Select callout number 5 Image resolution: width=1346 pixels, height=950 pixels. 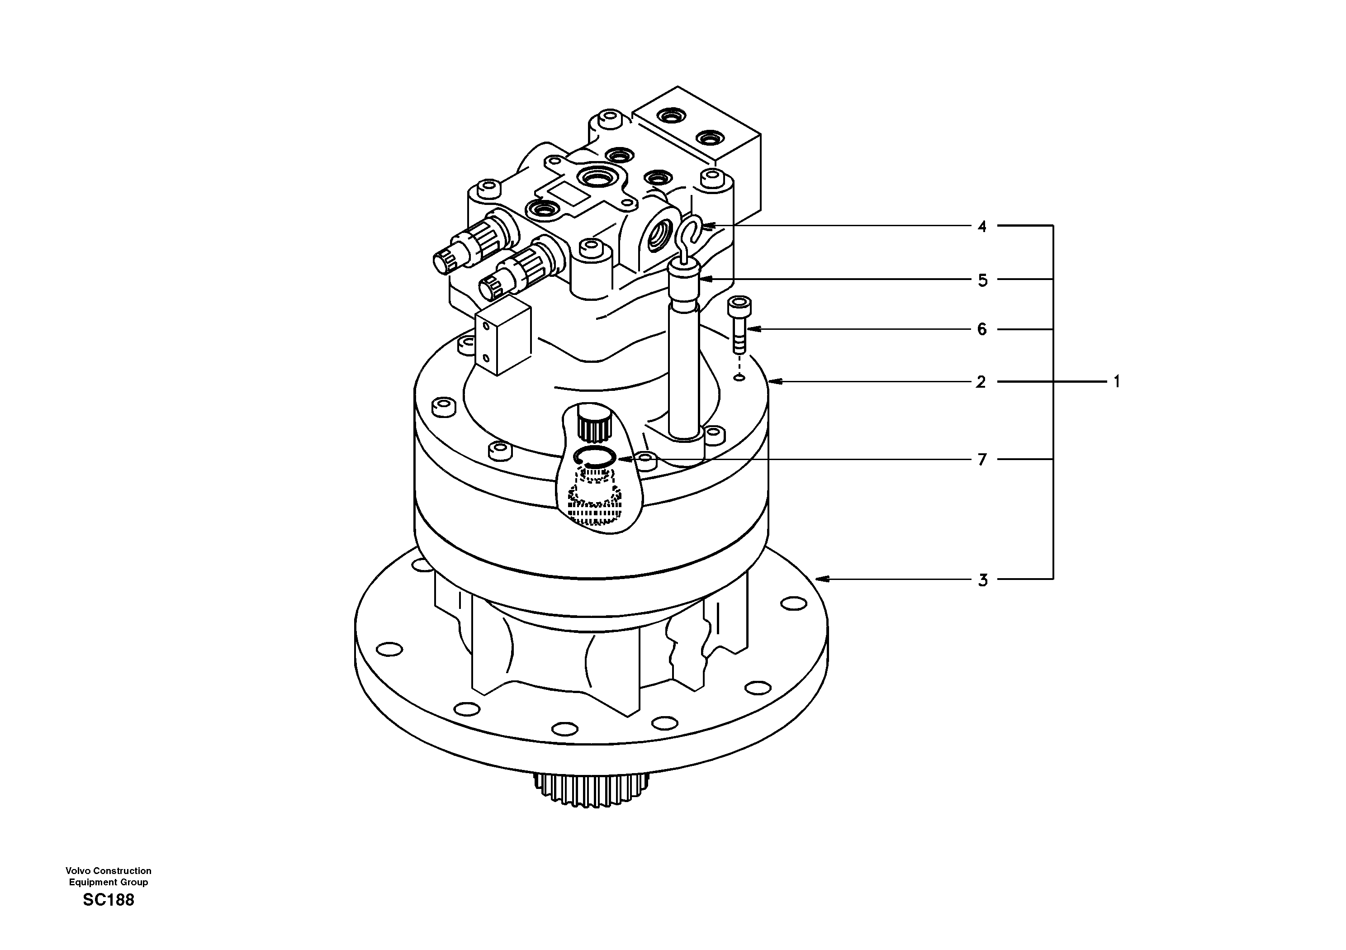tap(982, 280)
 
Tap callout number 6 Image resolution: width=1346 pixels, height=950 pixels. tap(982, 330)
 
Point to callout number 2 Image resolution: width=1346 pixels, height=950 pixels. tap(981, 382)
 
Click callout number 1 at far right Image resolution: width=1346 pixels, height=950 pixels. tap(1116, 382)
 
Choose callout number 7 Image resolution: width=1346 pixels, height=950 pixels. tap(982, 460)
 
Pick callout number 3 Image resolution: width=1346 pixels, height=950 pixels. tap(982, 580)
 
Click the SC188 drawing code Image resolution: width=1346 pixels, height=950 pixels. tap(109, 900)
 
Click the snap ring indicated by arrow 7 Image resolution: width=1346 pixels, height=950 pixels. tap(594, 456)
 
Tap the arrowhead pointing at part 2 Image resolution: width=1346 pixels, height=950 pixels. tap(774, 382)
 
